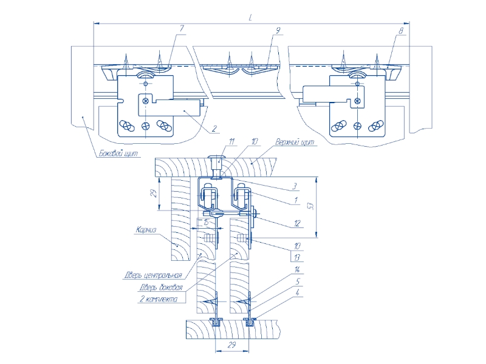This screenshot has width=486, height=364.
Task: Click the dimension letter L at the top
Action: (x=250, y=19)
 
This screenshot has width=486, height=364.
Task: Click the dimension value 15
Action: (x=207, y=224)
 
